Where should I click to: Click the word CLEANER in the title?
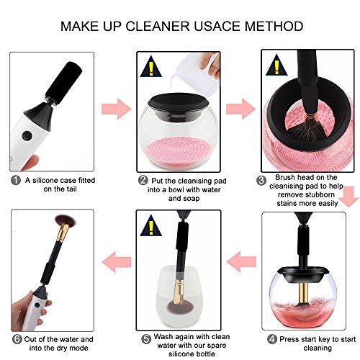(158, 26)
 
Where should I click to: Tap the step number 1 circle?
(16, 180)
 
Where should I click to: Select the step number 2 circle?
(143, 180)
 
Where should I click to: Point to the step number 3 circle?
(261, 181)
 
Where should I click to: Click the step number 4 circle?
(272, 339)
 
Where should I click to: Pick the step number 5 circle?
(146, 339)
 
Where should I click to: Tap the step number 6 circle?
(17, 339)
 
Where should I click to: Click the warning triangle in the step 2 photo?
(151, 66)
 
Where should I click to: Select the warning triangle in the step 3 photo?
(276, 65)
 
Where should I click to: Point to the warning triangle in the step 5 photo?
(151, 225)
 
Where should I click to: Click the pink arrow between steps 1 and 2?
(117, 109)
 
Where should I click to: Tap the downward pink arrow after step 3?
(349, 197)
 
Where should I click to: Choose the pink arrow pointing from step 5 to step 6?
(117, 262)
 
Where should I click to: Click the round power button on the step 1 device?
(27, 135)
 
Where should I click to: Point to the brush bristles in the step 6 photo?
(65, 220)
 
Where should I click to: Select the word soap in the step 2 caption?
(192, 199)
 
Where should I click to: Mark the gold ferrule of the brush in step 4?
(304, 293)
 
